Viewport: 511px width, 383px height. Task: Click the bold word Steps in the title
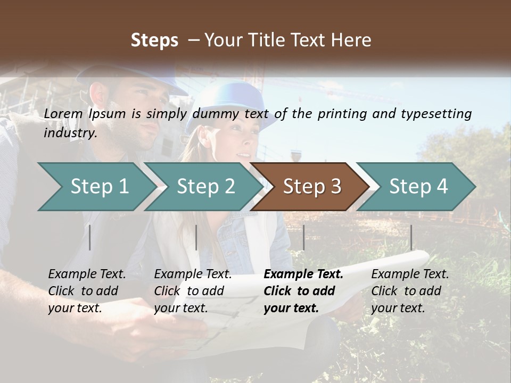pyautogui.click(x=154, y=40)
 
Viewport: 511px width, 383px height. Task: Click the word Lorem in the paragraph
pyautogui.click(x=63, y=113)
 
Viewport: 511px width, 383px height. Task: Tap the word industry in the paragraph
pyautogui.click(x=70, y=133)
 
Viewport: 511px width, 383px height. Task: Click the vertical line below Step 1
pyautogui.click(x=90, y=237)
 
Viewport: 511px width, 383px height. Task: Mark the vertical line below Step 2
pyautogui.click(x=196, y=237)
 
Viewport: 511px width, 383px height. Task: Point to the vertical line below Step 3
pyautogui.click(x=303, y=237)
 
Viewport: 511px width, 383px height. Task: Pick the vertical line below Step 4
pyautogui.click(x=411, y=237)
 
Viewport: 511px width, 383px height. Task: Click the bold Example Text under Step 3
pyautogui.click(x=303, y=274)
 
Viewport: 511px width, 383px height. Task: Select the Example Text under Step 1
pyautogui.click(x=87, y=274)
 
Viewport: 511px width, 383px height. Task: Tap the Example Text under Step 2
pyautogui.click(x=193, y=274)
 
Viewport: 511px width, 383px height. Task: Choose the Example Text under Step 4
pyautogui.click(x=410, y=274)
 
